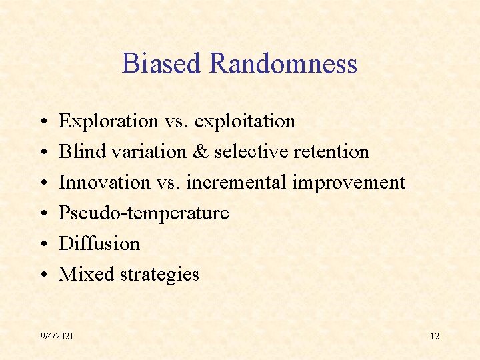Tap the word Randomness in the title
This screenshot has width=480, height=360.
[x=283, y=64]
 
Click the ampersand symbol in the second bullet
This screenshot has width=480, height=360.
[x=200, y=151]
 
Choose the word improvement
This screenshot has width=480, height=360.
[x=351, y=182]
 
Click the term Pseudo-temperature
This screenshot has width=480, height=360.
[x=143, y=213]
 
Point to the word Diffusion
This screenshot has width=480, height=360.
[x=99, y=243]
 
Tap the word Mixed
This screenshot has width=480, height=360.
[x=81, y=274]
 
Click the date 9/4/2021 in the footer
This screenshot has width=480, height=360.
[x=57, y=336]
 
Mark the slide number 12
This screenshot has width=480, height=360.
[x=435, y=336]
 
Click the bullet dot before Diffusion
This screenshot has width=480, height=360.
[x=42, y=245]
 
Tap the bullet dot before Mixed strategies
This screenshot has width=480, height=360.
[x=42, y=275]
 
